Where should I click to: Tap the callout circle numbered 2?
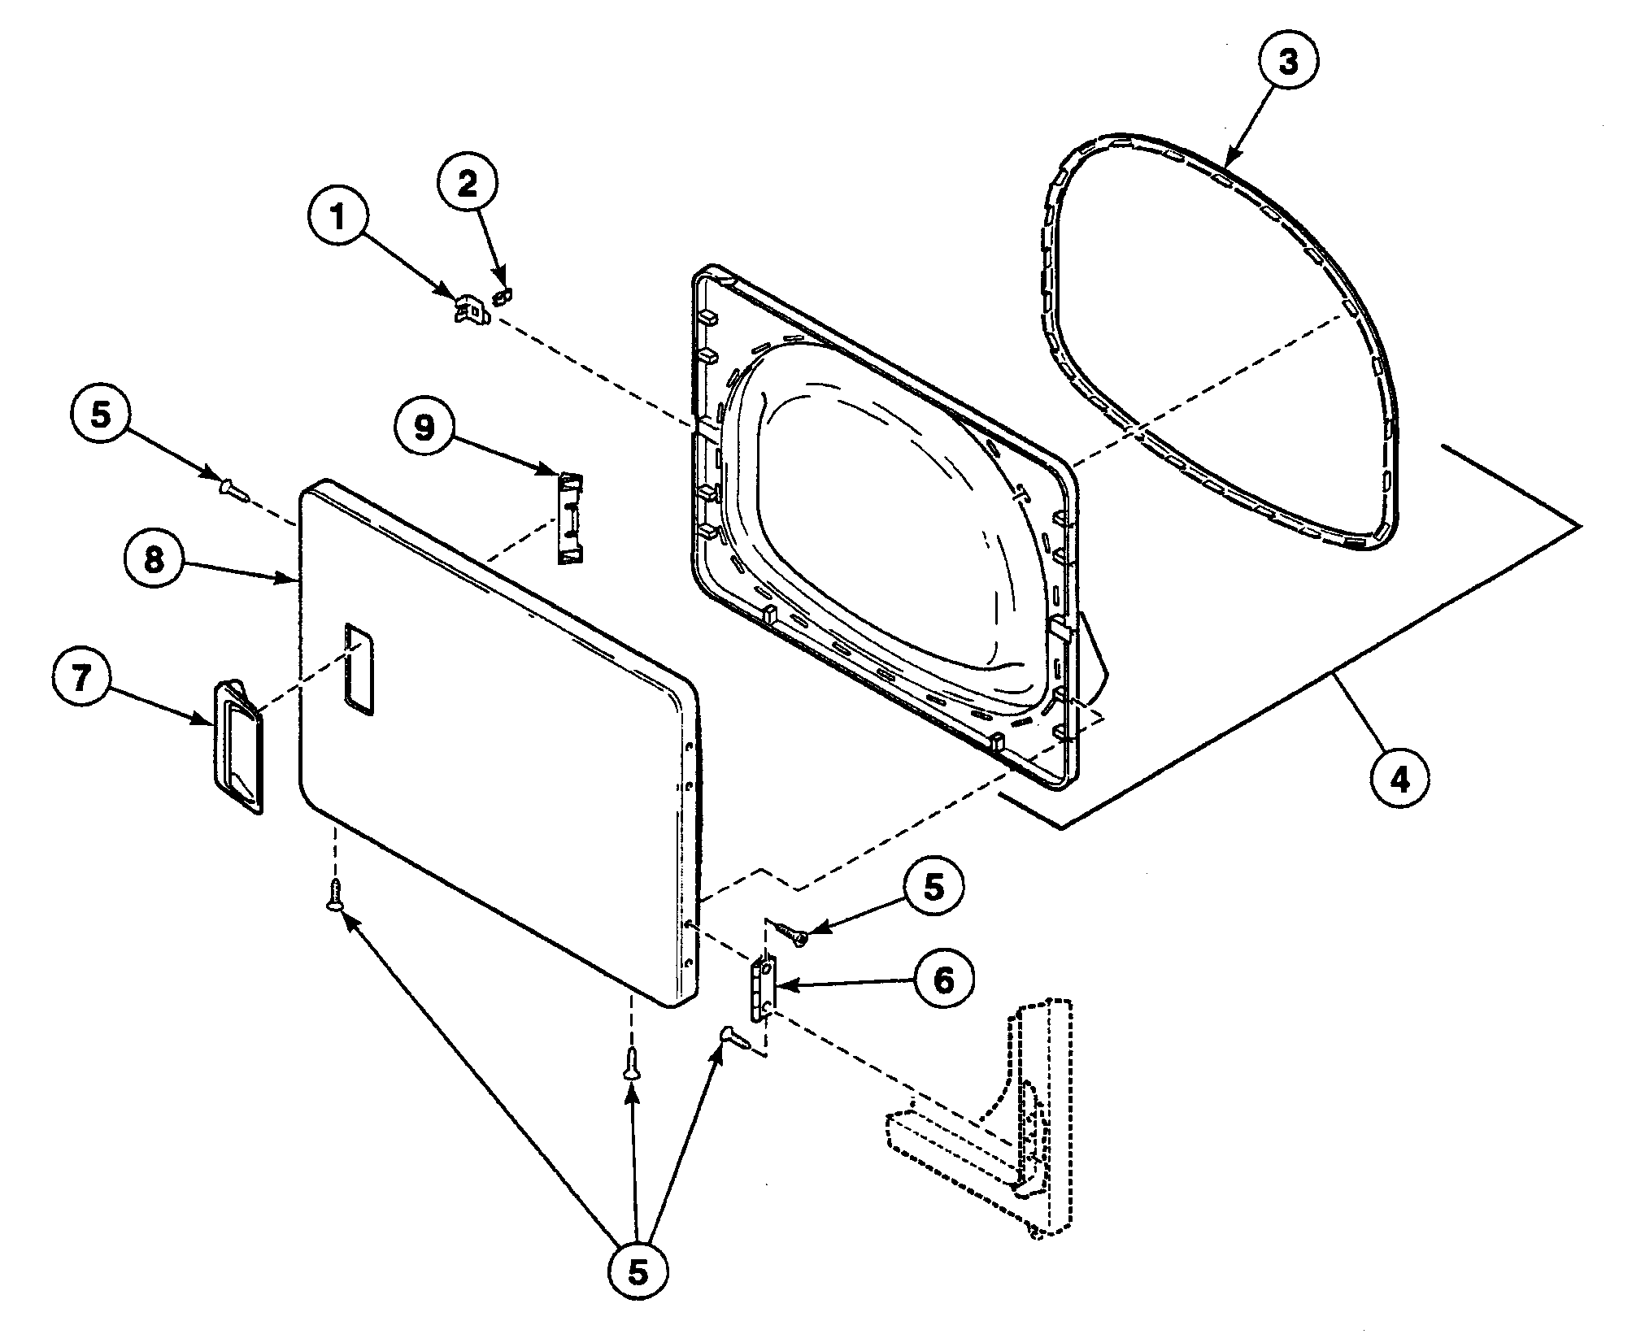coord(468,185)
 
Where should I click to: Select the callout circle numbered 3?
coord(1289,63)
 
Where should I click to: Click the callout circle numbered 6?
coord(943,981)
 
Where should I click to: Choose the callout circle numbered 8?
coord(154,561)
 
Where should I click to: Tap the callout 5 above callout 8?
coord(99,415)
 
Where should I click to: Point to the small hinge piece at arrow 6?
coord(764,988)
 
